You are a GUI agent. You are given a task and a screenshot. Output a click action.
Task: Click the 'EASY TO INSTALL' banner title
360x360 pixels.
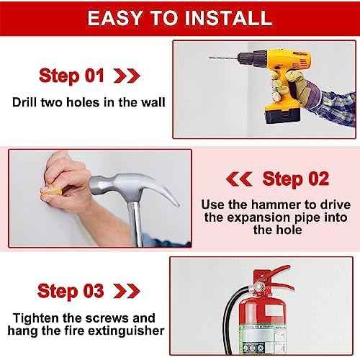tap(180, 17)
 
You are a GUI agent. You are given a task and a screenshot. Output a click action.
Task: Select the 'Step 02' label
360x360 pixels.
tap(295, 178)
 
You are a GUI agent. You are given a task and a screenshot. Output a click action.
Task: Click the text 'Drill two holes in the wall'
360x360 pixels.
tap(89, 102)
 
